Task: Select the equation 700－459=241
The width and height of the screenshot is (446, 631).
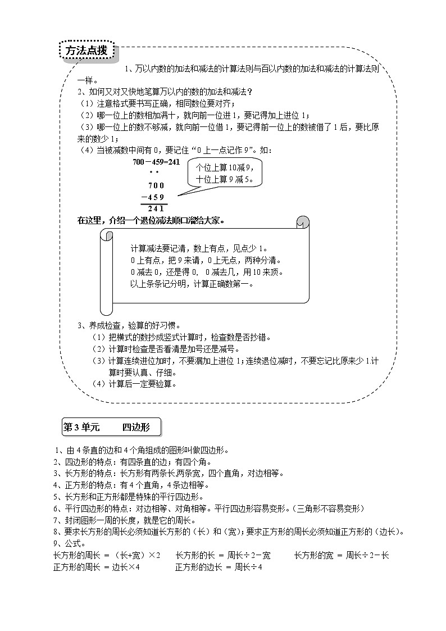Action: click(x=156, y=162)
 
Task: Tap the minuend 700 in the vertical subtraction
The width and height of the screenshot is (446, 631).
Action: click(x=156, y=185)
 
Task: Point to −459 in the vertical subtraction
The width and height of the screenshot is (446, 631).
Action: click(x=153, y=197)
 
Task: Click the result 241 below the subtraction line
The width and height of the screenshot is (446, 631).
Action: click(x=156, y=208)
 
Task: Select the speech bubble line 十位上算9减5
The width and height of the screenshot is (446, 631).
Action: click(x=224, y=180)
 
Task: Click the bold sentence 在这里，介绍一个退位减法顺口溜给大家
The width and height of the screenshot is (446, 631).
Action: click(x=151, y=220)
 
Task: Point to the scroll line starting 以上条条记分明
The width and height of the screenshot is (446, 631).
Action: click(x=192, y=284)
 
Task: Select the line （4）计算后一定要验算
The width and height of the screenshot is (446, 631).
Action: click(x=134, y=384)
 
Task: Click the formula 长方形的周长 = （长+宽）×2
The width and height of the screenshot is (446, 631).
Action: click(x=107, y=555)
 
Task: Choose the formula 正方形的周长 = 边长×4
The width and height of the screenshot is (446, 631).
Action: click(x=97, y=567)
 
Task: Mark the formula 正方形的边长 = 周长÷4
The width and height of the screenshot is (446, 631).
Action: click(x=219, y=567)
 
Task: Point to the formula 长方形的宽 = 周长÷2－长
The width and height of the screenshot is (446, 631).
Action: click(x=342, y=555)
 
